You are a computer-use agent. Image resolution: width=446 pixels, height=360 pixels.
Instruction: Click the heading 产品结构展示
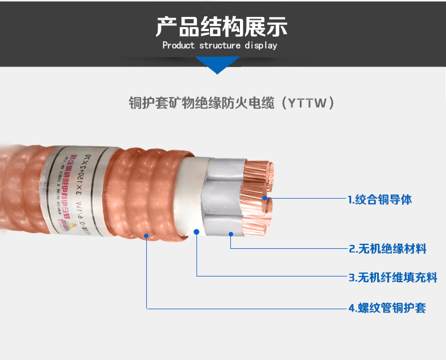[x=222, y=27]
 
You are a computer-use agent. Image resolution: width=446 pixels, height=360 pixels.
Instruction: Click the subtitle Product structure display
[x=220, y=46]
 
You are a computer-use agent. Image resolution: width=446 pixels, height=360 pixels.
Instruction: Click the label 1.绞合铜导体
[x=379, y=200]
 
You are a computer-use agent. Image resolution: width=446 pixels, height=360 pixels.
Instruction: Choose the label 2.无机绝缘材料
[x=387, y=249]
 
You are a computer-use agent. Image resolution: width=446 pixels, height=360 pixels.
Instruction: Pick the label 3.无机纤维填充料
[x=392, y=277]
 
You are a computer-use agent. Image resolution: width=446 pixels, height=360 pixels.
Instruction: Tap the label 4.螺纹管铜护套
[x=387, y=308]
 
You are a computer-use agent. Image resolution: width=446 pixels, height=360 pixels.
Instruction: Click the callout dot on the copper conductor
[x=266, y=199]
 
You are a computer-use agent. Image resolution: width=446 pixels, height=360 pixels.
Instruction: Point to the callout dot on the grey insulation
[x=231, y=233]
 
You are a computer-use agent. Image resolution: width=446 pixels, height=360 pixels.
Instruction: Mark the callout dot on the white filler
[x=196, y=231]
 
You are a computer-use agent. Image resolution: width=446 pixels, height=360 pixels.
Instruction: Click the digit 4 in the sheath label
[x=351, y=308]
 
